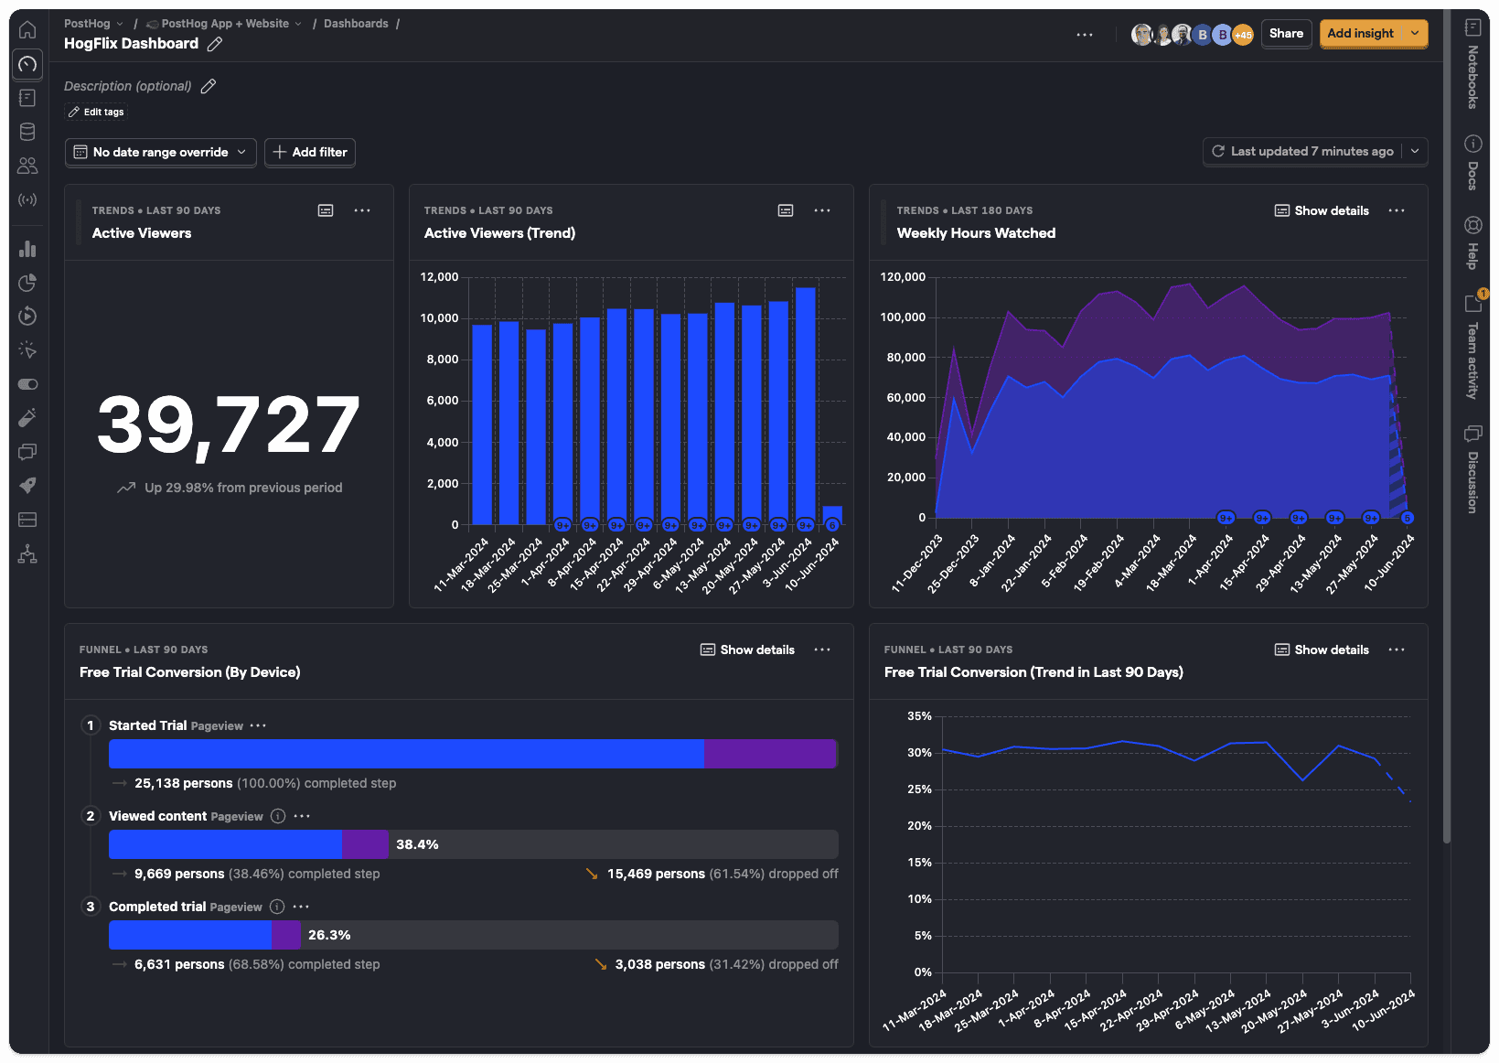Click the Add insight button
[x=1360, y=34]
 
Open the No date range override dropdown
[x=161, y=152]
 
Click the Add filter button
[x=310, y=152]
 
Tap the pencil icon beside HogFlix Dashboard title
[x=215, y=44]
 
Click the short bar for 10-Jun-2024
[x=832, y=514]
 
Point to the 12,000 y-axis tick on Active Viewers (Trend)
[x=439, y=277]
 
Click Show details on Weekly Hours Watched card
[x=1322, y=210]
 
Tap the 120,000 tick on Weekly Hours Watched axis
[x=902, y=277]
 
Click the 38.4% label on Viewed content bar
[x=417, y=844]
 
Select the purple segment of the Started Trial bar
[x=769, y=754]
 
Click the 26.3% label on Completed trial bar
[x=329, y=935]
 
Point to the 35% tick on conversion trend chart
[x=919, y=716]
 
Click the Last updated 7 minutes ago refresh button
[x=1302, y=152]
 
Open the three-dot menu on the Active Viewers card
[x=362, y=210]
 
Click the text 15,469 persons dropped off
[x=656, y=874]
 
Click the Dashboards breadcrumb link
[x=356, y=24]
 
